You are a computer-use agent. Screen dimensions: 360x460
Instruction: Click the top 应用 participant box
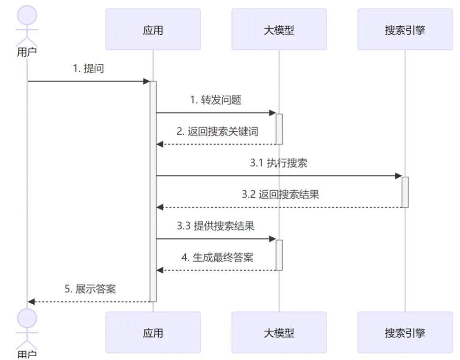(153, 30)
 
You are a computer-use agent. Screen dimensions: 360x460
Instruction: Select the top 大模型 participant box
(279, 30)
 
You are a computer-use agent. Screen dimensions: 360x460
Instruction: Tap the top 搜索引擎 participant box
(405, 30)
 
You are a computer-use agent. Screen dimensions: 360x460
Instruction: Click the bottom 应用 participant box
(153, 333)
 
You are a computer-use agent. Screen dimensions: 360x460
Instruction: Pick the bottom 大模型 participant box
(279, 333)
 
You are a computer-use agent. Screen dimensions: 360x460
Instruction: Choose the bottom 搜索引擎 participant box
(405, 333)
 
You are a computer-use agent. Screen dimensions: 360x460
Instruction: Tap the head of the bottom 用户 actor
(27, 318)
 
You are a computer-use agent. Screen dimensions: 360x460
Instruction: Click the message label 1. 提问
(88, 68)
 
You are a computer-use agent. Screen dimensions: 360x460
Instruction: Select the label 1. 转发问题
(216, 100)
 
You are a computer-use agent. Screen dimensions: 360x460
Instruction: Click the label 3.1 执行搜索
(279, 163)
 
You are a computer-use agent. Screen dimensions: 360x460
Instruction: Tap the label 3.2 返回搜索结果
(280, 195)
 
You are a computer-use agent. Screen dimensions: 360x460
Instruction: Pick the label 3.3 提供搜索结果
(216, 226)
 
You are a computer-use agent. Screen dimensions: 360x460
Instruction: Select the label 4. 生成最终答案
(217, 257)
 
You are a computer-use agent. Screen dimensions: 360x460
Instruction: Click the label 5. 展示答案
(90, 289)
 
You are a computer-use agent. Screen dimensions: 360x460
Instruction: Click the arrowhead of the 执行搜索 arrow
(399, 176)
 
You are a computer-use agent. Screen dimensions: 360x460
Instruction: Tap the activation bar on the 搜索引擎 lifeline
(405, 192)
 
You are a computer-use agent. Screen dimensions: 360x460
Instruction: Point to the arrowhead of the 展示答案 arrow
(31, 301)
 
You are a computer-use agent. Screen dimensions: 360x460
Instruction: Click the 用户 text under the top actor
(27, 52)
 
